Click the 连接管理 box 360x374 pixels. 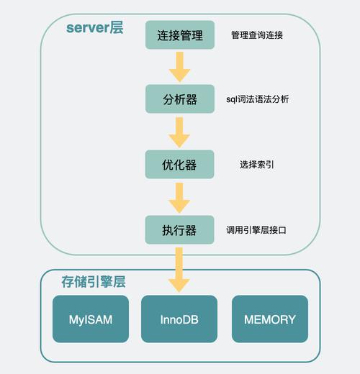(x=179, y=35)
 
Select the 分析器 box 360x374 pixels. (x=179, y=99)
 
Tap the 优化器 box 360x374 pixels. (x=179, y=165)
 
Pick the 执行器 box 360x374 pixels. (x=179, y=230)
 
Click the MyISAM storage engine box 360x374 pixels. (x=90, y=319)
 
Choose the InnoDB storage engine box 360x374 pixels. (x=179, y=319)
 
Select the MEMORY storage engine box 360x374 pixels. (x=270, y=319)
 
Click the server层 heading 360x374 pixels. (x=94, y=29)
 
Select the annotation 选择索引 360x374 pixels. (x=256, y=165)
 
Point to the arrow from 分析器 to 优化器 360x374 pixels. (x=179, y=132)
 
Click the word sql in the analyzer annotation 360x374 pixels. (x=232, y=99)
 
